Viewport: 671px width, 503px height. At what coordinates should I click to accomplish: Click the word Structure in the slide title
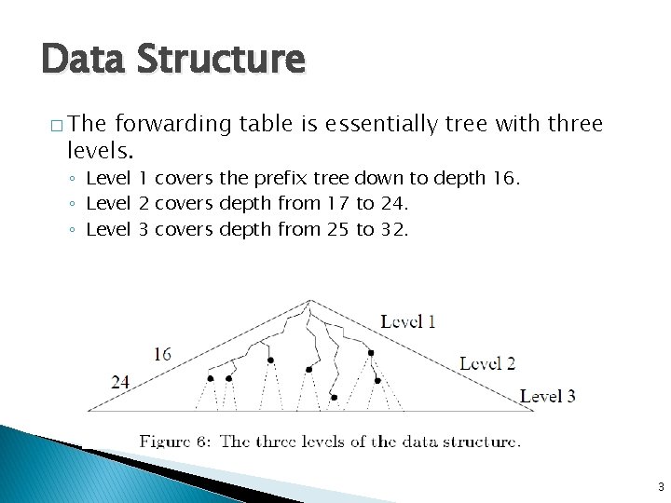tap(219, 59)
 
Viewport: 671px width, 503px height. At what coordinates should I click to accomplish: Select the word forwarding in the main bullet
tap(174, 124)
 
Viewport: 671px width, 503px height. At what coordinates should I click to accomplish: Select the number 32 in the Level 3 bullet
tap(394, 229)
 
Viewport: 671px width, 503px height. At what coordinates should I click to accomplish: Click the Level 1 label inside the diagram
tap(408, 322)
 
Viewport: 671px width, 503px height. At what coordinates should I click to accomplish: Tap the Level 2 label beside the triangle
tap(487, 363)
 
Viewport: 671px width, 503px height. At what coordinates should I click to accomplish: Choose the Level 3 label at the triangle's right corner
tap(548, 396)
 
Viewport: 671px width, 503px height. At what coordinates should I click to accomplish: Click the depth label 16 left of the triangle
tap(163, 354)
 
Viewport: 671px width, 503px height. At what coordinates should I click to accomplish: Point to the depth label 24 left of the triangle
tap(120, 381)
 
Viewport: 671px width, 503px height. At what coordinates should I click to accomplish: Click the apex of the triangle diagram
tap(311, 300)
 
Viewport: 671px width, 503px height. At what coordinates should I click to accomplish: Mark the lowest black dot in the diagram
tap(334, 398)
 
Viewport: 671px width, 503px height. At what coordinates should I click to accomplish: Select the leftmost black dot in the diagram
tap(211, 378)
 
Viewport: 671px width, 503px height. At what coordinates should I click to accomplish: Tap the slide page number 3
tap(660, 486)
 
